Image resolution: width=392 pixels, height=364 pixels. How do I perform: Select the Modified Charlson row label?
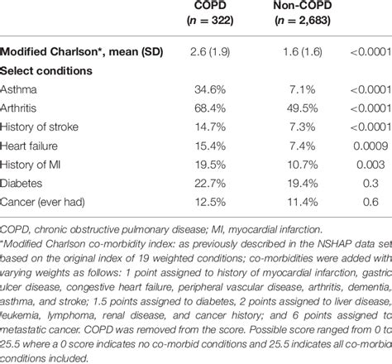click(81, 53)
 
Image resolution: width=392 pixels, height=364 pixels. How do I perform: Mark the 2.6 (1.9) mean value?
click(209, 53)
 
